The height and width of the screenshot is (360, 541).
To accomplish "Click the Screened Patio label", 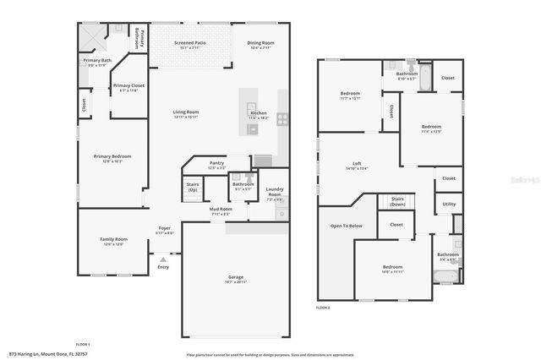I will (190, 42).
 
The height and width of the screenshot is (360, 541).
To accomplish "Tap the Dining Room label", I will (260, 42).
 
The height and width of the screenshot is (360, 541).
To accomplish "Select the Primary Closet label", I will (128, 85).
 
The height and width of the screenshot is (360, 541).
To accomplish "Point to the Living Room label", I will (186, 112).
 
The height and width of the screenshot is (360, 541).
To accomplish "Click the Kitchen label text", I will (259, 112).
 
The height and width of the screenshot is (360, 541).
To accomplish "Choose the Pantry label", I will (216, 163).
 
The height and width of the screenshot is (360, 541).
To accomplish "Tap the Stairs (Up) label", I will (192, 188).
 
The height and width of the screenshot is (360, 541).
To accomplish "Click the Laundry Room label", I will (275, 191).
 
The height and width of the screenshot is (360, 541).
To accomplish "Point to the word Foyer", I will (164, 228).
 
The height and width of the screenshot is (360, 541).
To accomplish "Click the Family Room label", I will (113, 239).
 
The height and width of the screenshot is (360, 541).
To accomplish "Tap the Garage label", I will (235, 276).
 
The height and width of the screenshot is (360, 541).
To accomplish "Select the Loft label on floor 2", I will (358, 163).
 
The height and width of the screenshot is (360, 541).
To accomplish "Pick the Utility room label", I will (449, 204).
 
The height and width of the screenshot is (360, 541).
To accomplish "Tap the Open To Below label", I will (347, 226).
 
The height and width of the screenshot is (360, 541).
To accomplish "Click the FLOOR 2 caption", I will (323, 308).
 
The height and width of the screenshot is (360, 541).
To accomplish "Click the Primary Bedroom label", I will (112, 155).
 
